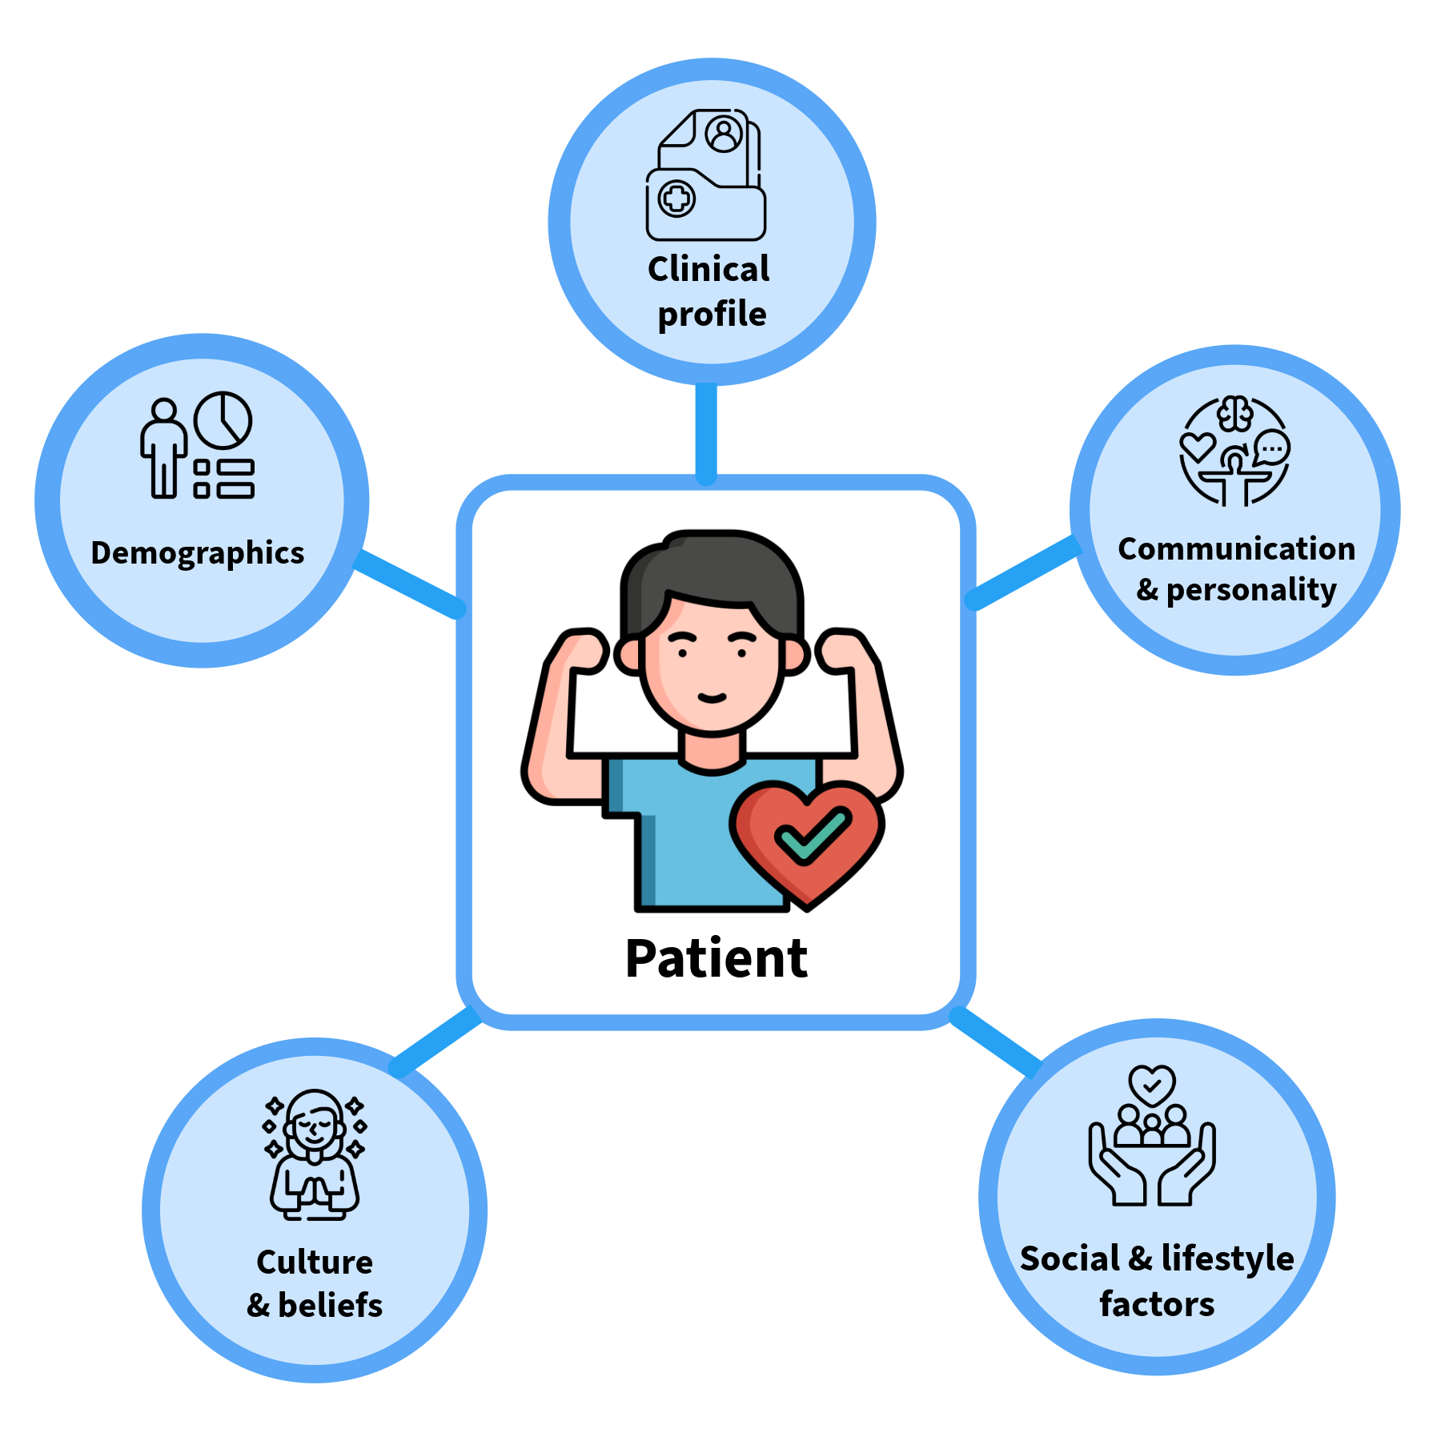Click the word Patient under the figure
tap(716, 958)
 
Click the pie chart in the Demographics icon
tap(223, 420)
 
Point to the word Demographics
tap(198, 553)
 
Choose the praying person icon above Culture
tap(315, 1154)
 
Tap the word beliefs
tap(331, 1305)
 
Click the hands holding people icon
tap(1152, 1137)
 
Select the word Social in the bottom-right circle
tap(1070, 1258)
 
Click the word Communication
tap(1236, 549)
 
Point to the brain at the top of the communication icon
tap(1234, 414)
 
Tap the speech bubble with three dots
tap(1272, 448)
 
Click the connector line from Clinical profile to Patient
tap(705, 432)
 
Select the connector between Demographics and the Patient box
tap(408, 583)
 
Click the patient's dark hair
tap(712, 568)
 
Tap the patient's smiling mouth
tap(712, 697)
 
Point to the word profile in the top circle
tap(712, 314)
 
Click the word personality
tap(1251, 590)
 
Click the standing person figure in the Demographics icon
tap(164, 448)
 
